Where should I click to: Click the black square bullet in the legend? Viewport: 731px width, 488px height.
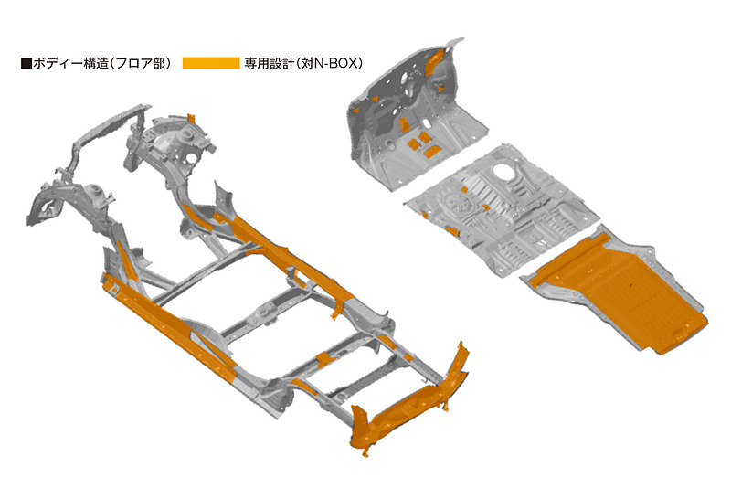click(26, 63)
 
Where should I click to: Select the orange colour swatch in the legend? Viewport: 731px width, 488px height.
click(211, 63)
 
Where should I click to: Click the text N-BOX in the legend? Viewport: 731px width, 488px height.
click(334, 63)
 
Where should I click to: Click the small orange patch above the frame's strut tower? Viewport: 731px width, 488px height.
click(191, 118)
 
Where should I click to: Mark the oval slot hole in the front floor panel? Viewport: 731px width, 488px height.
click(427, 124)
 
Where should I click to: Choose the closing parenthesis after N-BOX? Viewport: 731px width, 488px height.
click(359, 63)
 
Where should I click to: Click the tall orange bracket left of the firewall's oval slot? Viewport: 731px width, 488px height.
click(404, 125)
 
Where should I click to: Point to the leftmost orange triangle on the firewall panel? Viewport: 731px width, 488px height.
click(355, 111)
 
